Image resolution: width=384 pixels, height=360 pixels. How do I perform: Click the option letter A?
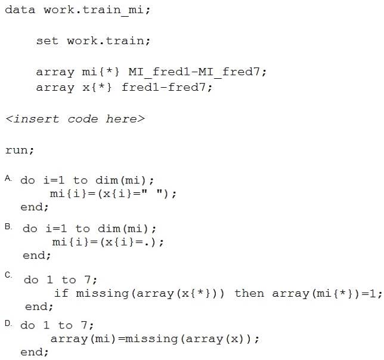[x=8, y=179]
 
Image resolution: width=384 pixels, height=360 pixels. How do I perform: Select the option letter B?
[x=8, y=227]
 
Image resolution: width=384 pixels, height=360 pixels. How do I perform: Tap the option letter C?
[x=8, y=275]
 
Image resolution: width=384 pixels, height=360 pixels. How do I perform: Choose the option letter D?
[x=8, y=323]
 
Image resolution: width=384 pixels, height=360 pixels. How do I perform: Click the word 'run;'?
[x=20, y=150]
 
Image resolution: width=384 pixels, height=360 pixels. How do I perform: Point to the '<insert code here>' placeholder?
[x=75, y=119]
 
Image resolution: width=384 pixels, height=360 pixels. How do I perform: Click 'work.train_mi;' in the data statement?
[x=97, y=11]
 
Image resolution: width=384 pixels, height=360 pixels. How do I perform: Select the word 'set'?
[x=47, y=41]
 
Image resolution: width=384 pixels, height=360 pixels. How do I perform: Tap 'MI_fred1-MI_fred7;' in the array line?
[x=197, y=72]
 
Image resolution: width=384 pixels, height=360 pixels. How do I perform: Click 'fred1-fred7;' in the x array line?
[x=167, y=87]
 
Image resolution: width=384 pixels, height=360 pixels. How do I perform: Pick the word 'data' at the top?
[x=20, y=10]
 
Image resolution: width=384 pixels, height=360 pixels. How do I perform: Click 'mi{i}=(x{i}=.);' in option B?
[x=108, y=242]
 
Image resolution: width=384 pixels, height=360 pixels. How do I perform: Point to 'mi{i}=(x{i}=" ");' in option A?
[x=113, y=193]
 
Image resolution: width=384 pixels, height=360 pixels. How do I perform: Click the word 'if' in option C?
[x=61, y=293]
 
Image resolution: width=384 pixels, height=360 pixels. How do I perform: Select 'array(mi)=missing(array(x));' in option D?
[x=155, y=339]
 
